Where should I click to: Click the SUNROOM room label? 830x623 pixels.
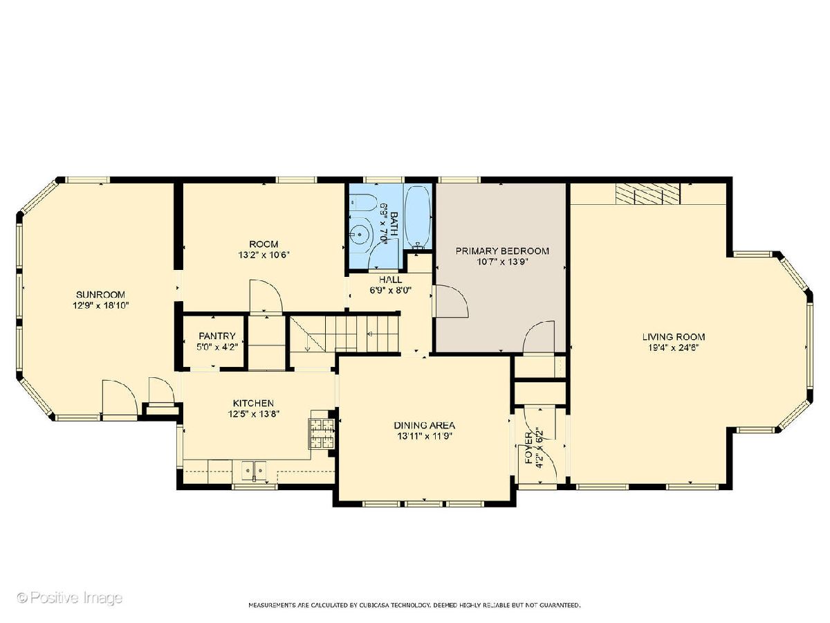pos(100,294)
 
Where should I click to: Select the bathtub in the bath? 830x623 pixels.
pos(418,217)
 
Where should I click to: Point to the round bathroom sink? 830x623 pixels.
pos(360,235)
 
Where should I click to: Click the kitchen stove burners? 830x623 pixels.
pos(322,434)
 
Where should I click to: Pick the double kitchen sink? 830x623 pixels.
pos(254,470)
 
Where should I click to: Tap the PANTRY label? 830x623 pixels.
pos(217,336)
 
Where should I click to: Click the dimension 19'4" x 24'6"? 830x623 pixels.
pos(674,347)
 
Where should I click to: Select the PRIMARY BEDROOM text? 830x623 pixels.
pos(502,251)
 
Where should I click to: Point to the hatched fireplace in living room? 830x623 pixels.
pos(647,194)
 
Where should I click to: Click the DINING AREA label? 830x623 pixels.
pos(424,425)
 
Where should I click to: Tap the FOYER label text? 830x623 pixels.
pos(528,449)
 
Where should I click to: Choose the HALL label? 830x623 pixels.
pos(391,280)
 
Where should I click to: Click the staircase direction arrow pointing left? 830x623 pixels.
pos(369,334)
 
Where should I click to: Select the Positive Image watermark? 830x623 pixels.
pos(70,597)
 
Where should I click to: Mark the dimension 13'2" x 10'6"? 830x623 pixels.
pos(264,255)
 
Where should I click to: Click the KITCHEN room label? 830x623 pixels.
pos(253,403)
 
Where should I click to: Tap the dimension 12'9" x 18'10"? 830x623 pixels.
pos(100,305)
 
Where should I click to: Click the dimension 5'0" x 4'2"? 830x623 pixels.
pos(217,347)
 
